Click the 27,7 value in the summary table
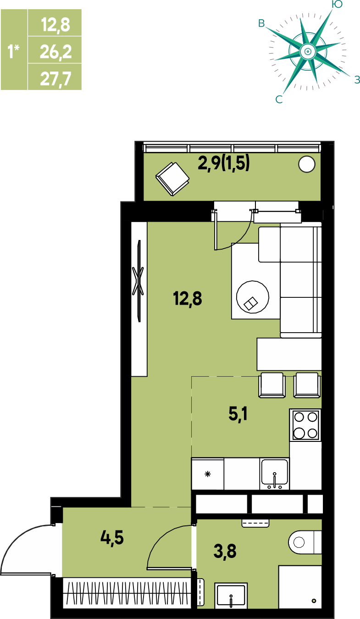pos(55,79)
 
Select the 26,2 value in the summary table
pos(55,52)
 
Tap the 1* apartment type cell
pos(14,51)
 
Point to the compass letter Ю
pos(337,4)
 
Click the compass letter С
pos(279,100)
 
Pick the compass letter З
pos(357,79)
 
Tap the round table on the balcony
pos(307,164)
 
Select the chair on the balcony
pos(172,179)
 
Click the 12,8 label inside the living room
pos(188,298)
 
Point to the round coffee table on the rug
pos(253,297)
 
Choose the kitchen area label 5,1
pos(238,414)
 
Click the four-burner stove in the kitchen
pos(305,425)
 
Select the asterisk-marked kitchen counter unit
pos(207,474)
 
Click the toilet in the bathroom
pos(305,542)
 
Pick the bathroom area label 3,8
pos(225,552)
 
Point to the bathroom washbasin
pos(231,596)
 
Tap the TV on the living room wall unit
pos(139,281)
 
